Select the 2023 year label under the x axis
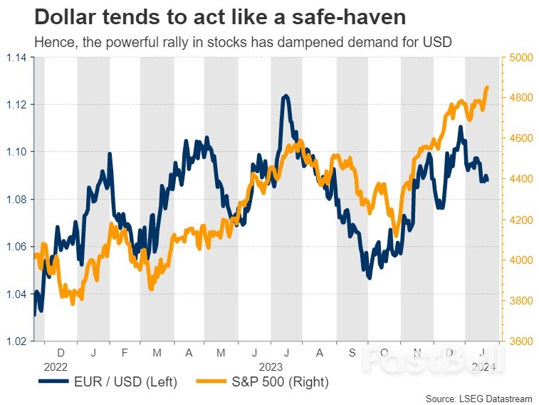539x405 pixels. coord(270,366)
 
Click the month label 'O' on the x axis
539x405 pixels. coord(384,352)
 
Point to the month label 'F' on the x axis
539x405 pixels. coord(125,352)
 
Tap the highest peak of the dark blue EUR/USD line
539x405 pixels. coord(286,96)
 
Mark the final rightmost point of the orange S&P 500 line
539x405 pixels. coord(488,87)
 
